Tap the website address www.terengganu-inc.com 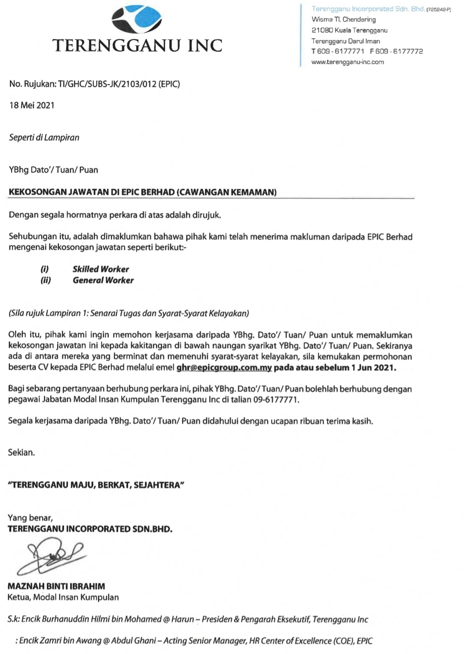click(x=348, y=62)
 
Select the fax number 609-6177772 click(x=396, y=51)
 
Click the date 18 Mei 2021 click(x=32, y=105)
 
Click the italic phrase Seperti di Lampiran click(x=44, y=137)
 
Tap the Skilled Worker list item click(x=101, y=269)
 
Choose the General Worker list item click(x=103, y=280)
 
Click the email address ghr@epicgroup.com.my click(x=224, y=367)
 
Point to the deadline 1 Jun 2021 click(x=373, y=367)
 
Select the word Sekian click(x=21, y=452)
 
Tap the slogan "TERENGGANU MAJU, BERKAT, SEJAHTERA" click(x=96, y=485)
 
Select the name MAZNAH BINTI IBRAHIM click(x=56, y=586)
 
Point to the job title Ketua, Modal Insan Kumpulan click(x=63, y=597)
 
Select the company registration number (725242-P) click(x=438, y=10)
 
